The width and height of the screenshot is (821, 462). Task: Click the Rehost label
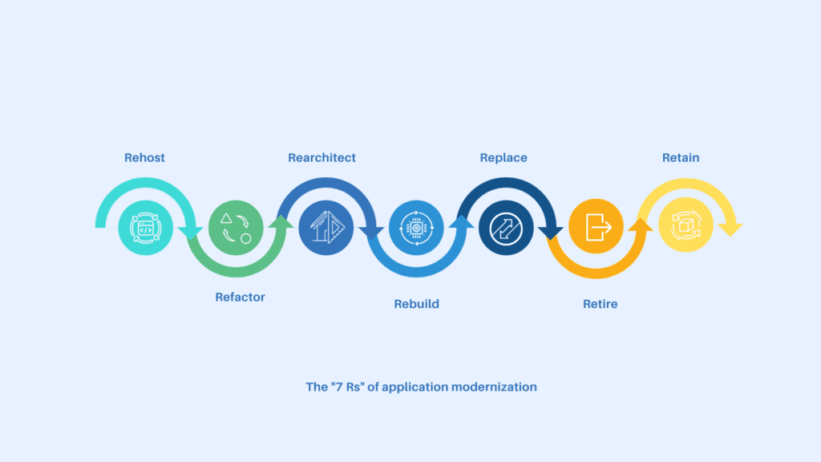pyautogui.click(x=144, y=158)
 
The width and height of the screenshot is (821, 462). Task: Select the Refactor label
pyautogui.click(x=240, y=297)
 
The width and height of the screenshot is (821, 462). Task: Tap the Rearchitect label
pyautogui.click(x=322, y=158)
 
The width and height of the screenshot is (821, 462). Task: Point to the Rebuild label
pyautogui.click(x=416, y=304)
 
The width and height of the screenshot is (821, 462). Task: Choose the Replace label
pyautogui.click(x=504, y=158)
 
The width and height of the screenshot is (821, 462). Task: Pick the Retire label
pyautogui.click(x=600, y=304)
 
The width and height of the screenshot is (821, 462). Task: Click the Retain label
pyautogui.click(x=681, y=158)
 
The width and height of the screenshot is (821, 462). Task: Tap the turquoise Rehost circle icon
pyautogui.click(x=145, y=228)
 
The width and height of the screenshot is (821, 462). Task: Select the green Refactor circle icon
pyautogui.click(x=236, y=228)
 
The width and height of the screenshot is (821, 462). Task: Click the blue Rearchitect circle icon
pyautogui.click(x=326, y=228)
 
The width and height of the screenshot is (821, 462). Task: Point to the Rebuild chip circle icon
pyautogui.click(x=416, y=228)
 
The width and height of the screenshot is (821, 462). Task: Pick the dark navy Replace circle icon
pyautogui.click(x=506, y=228)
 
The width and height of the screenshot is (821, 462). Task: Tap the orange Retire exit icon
pyautogui.click(x=597, y=228)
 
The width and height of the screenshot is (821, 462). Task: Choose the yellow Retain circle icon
pyautogui.click(x=686, y=228)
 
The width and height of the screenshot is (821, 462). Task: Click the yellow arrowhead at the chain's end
pyautogui.click(x=730, y=229)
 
